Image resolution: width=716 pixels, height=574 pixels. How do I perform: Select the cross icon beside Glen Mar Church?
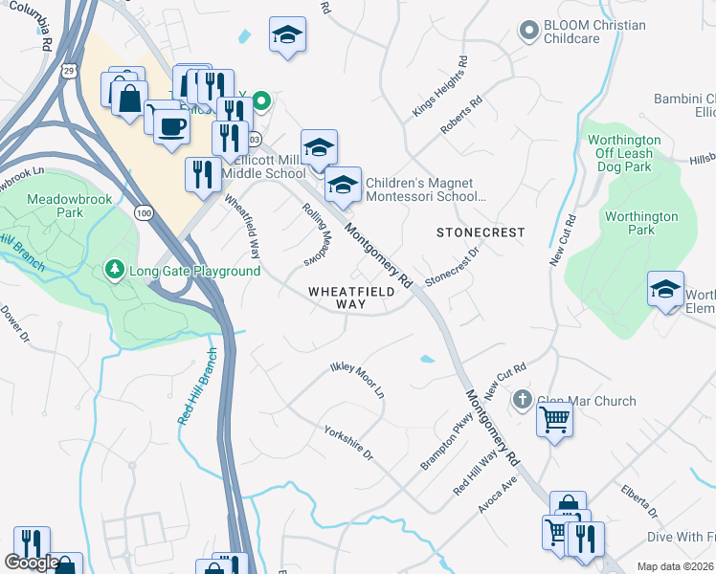pyautogui.click(x=522, y=400)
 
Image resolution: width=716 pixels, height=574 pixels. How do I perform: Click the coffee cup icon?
pyautogui.click(x=171, y=126)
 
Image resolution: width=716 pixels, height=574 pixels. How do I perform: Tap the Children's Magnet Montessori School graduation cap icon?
pyautogui.click(x=342, y=185)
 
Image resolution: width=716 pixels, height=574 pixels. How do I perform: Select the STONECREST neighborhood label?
pyautogui.click(x=481, y=232)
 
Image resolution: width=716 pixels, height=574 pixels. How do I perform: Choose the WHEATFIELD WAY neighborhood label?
pyautogui.click(x=337, y=297)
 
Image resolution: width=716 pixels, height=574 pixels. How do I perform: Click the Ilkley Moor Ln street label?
pyautogui.click(x=356, y=380)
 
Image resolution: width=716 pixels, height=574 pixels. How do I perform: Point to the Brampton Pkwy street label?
pyautogui.click(x=446, y=442)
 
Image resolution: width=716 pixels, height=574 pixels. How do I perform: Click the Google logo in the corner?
pyautogui.click(x=32, y=563)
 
